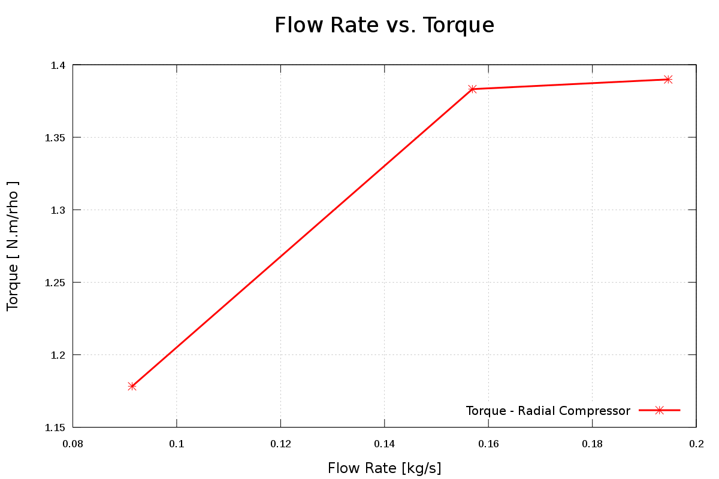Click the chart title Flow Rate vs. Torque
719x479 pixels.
coord(384,26)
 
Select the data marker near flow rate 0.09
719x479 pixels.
coord(132,386)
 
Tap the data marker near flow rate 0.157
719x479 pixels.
coord(472,89)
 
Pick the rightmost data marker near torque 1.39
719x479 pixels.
coord(668,79)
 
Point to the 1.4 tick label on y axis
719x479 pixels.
coord(58,65)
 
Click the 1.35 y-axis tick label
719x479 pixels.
coord(55,138)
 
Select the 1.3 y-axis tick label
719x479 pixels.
coord(58,210)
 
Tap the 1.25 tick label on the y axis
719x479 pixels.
coord(55,283)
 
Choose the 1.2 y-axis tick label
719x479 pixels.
coord(58,355)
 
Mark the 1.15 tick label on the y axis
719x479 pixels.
coord(55,428)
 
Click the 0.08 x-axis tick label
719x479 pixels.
coord(72,444)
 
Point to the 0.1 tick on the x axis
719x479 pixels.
coord(177,444)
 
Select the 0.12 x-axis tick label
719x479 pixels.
coord(280,444)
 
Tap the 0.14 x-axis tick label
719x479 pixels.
coord(384,444)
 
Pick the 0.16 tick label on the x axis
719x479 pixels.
coord(488,444)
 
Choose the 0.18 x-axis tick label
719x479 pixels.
coord(592,444)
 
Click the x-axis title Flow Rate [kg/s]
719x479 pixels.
coord(384,468)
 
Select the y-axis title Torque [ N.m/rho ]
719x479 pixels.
coord(13,245)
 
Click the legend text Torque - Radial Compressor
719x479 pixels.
coord(548,411)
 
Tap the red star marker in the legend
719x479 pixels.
coord(660,410)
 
